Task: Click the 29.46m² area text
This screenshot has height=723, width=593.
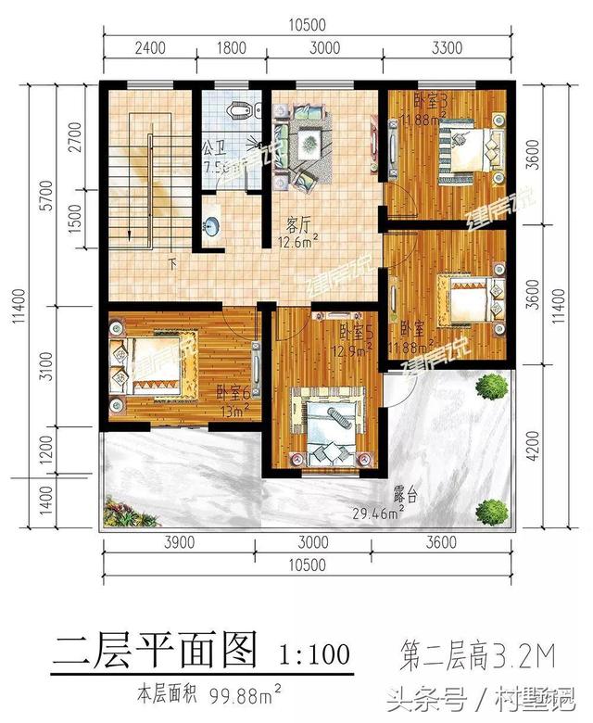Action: tap(379, 513)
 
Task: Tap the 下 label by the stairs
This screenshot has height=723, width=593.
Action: tap(171, 262)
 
